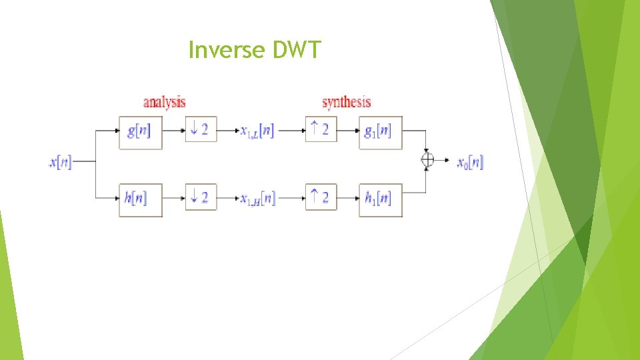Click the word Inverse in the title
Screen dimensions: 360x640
[225, 49]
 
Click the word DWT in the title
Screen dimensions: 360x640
[296, 49]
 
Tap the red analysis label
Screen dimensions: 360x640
[165, 103]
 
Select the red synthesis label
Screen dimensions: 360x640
[346, 103]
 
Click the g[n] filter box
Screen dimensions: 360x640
[140, 131]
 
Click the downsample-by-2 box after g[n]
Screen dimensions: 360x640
[200, 129]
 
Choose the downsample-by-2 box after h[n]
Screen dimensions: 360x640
[200, 197]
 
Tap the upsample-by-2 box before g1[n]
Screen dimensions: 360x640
[321, 129]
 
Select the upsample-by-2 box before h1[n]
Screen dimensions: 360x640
[321, 197]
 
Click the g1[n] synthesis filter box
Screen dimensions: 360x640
[381, 131]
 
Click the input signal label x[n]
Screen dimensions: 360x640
[61, 161]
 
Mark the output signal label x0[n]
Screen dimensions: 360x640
[470, 161]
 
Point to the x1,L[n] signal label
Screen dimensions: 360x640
[257, 131]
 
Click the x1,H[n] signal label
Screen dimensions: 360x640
[257, 199]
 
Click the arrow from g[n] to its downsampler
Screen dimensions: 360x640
[173, 130]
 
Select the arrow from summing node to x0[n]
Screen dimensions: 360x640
[443, 160]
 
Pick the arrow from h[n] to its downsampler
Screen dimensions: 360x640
[173, 198]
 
